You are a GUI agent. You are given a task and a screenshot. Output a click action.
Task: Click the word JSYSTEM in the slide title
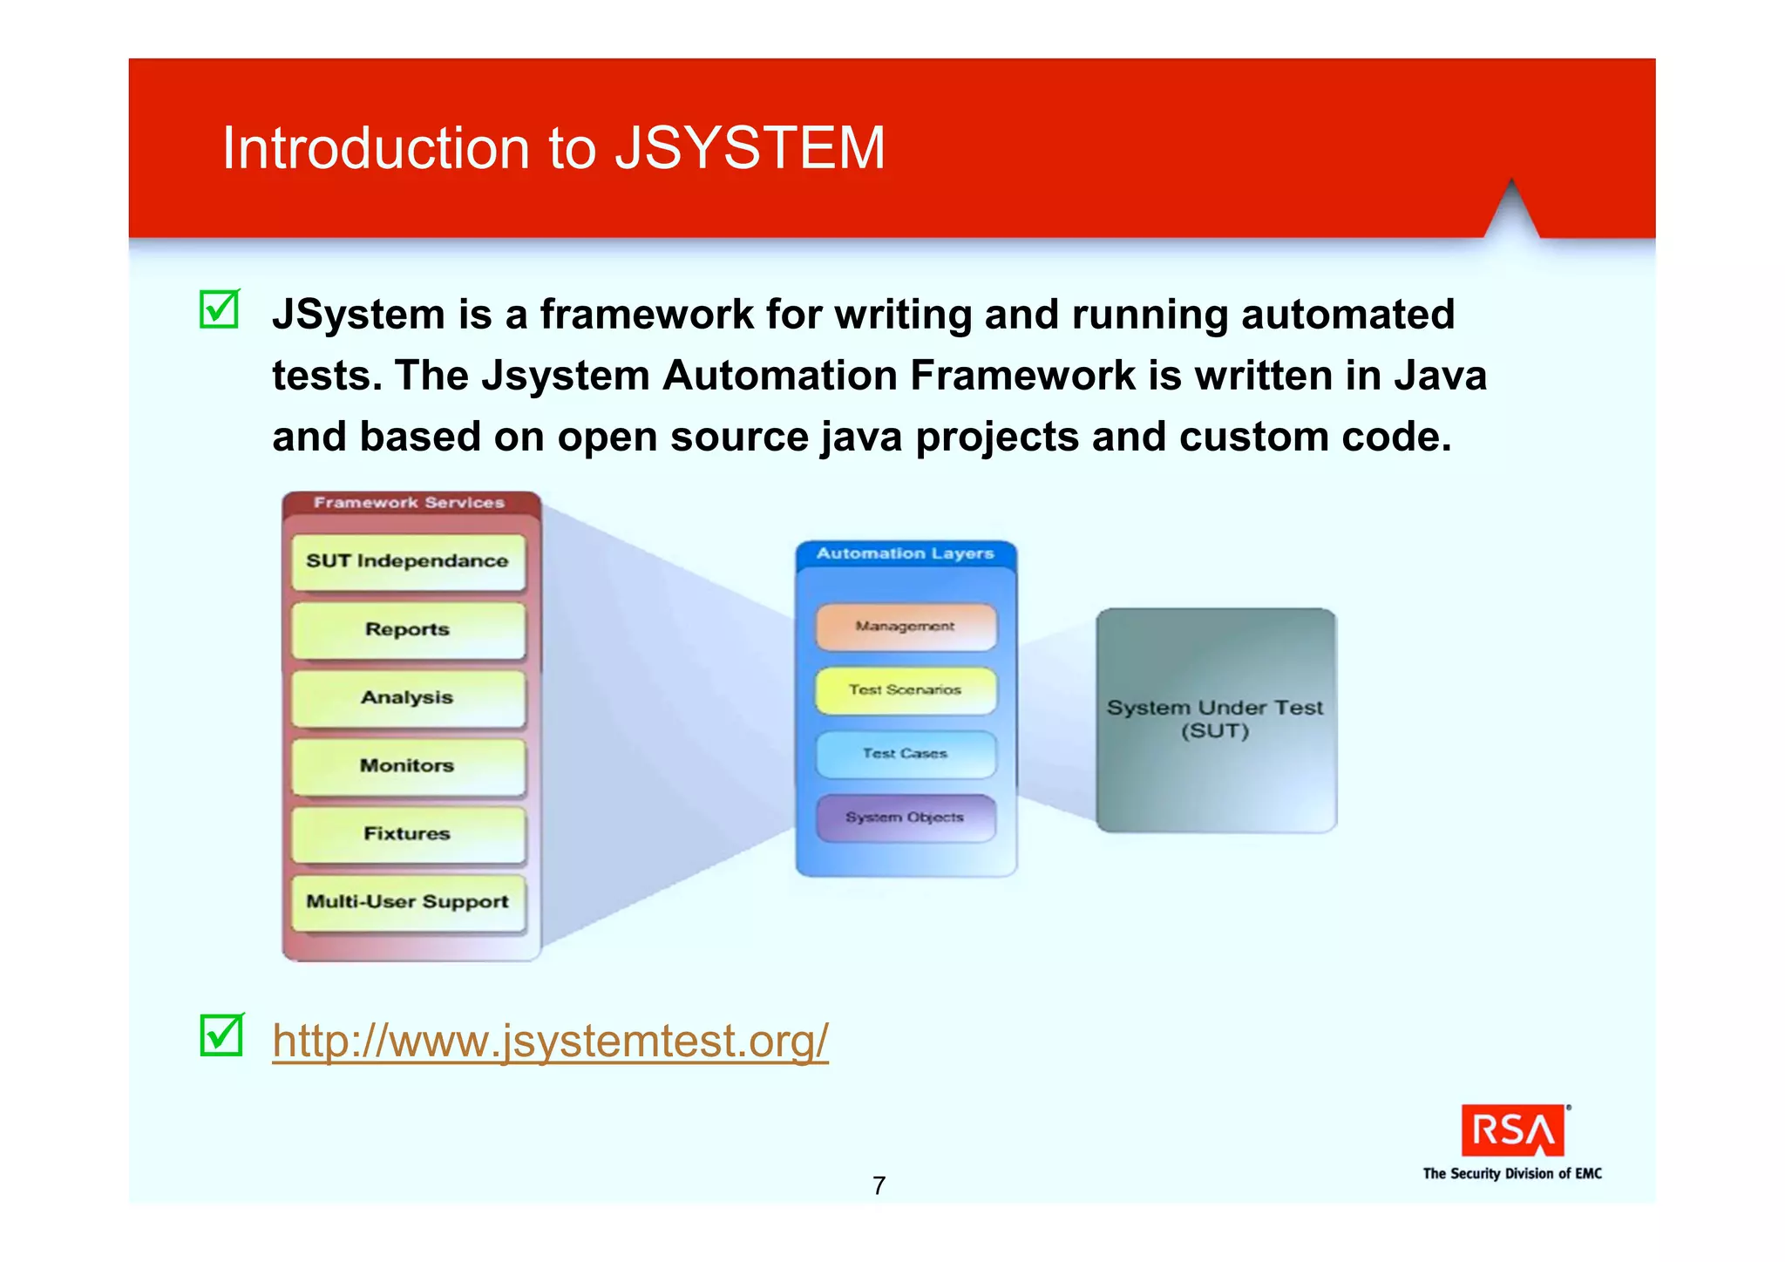(x=750, y=148)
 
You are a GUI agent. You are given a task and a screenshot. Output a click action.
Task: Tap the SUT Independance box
(x=408, y=561)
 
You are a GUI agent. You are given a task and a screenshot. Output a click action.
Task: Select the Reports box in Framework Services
(x=408, y=629)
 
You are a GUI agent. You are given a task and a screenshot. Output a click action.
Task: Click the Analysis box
(x=408, y=697)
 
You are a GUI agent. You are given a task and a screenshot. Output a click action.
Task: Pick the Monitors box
(x=408, y=765)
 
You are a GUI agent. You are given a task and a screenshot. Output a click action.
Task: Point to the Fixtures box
(x=408, y=833)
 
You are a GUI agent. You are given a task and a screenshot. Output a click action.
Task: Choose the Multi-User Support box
(x=408, y=902)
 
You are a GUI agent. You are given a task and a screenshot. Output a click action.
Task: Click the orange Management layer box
(x=906, y=627)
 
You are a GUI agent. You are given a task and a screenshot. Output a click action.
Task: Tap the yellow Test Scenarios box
(x=906, y=690)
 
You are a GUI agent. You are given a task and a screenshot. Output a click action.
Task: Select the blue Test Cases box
(x=906, y=754)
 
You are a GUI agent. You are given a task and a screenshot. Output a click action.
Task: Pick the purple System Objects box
(x=906, y=818)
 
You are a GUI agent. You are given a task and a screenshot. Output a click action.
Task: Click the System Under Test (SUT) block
(x=1216, y=720)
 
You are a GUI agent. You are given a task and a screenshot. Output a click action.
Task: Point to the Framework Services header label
(x=409, y=503)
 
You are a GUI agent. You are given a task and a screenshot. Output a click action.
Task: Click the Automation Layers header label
(x=906, y=553)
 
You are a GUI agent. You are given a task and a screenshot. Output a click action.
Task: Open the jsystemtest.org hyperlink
(x=550, y=1041)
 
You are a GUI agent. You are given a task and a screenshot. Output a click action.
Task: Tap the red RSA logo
(x=1512, y=1131)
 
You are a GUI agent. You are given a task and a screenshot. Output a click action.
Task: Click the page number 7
(x=879, y=1185)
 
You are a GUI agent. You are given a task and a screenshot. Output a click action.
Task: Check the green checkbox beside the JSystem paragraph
(x=220, y=309)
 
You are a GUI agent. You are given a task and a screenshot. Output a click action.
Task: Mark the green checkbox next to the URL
(x=221, y=1035)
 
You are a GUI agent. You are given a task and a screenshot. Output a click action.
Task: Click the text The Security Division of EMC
(x=1512, y=1174)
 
